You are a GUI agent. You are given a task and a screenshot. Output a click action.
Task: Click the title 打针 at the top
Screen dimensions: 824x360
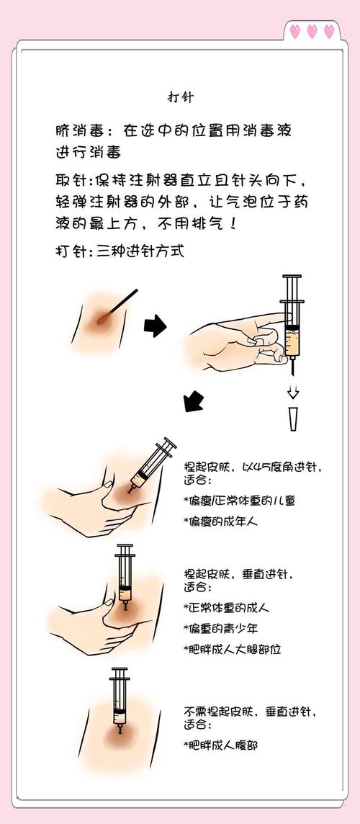point(179,96)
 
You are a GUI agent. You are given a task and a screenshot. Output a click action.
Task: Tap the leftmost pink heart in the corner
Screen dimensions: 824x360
point(295,31)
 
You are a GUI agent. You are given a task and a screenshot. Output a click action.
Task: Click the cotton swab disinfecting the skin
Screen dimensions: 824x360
point(119,305)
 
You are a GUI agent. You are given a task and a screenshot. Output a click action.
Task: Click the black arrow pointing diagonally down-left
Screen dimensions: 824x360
point(194,400)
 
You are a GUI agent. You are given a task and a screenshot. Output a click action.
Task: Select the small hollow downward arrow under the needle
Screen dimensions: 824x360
point(292,393)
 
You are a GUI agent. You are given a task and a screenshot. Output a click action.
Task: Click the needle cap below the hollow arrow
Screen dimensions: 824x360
point(293,418)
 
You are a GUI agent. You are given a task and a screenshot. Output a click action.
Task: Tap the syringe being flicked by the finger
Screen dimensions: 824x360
point(292,321)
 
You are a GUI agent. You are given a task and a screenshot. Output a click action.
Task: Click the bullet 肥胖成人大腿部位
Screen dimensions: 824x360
point(232,649)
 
